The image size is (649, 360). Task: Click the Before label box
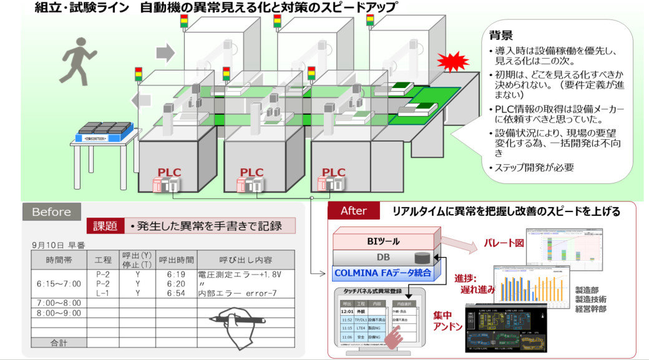(x=51, y=212)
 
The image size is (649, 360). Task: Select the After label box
(x=353, y=211)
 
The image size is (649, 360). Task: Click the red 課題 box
(x=105, y=226)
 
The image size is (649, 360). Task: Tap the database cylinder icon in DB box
(x=421, y=257)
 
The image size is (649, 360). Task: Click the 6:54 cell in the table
(x=177, y=293)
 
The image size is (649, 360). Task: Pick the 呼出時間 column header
(x=177, y=260)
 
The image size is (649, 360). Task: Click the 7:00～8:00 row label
(x=59, y=303)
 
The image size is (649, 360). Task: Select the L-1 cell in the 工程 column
(x=103, y=293)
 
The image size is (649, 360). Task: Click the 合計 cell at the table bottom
(x=59, y=342)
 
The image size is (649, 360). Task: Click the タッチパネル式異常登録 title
(x=373, y=291)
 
